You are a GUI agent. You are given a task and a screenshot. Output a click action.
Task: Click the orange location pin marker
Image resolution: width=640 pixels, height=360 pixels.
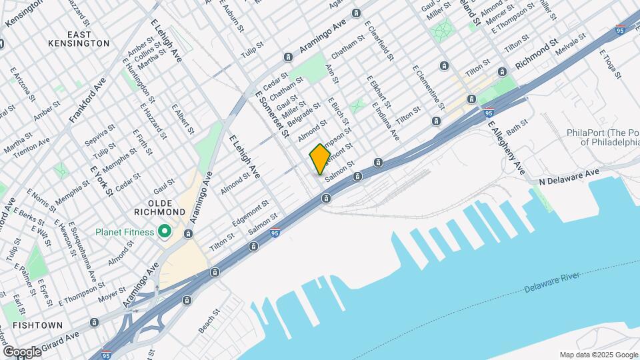320,158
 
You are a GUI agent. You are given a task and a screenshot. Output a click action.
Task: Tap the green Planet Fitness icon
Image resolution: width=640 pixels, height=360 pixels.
165,232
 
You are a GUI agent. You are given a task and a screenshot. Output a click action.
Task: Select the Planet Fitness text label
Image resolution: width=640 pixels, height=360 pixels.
125,232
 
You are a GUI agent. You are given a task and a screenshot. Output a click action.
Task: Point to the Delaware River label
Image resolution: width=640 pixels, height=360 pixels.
553,282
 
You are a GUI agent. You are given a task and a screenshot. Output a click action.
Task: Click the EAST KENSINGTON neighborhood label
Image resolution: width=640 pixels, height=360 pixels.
79,38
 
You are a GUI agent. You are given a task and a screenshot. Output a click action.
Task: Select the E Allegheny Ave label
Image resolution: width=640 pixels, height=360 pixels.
502,147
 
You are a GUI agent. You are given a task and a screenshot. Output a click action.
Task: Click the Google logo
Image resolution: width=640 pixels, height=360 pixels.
22,351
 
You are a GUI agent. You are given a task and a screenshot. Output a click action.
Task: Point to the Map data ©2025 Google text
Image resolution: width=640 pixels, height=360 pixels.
598,355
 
